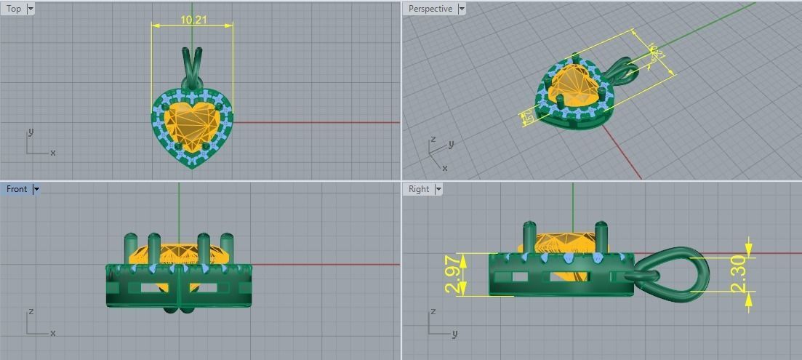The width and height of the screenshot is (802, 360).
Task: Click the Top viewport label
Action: point(14,9)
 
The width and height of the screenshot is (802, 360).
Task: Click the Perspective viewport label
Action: point(430,9)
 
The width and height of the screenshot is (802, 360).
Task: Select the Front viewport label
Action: point(16,189)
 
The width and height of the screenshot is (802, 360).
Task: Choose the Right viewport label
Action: point(419,189)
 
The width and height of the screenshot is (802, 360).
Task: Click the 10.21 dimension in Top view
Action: point(193,20)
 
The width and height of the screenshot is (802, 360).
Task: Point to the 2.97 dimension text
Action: point(453,274)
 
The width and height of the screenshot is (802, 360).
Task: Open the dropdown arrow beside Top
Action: point(30,9)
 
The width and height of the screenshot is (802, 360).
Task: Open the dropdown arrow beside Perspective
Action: point(461,9)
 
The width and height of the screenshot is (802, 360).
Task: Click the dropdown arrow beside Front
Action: point(36,189)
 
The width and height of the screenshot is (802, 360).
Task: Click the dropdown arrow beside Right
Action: point(438,189)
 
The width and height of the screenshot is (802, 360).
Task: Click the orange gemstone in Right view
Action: point(564,243)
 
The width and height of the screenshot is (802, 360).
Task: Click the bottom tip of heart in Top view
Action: point(193,167)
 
